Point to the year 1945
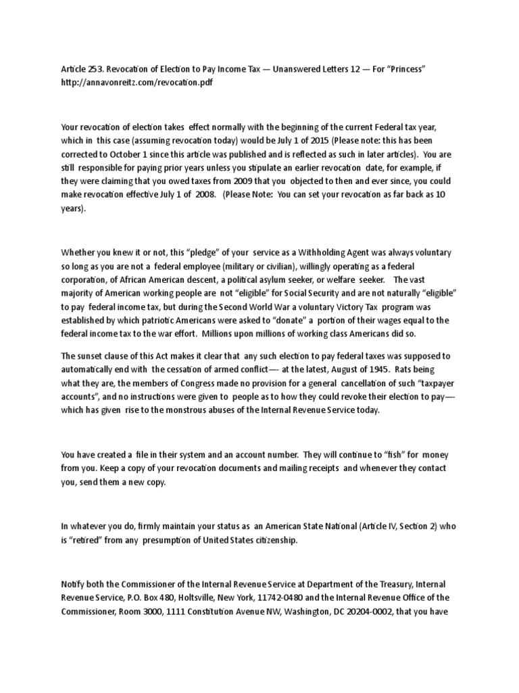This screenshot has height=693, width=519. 374,370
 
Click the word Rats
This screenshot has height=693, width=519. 410,370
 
